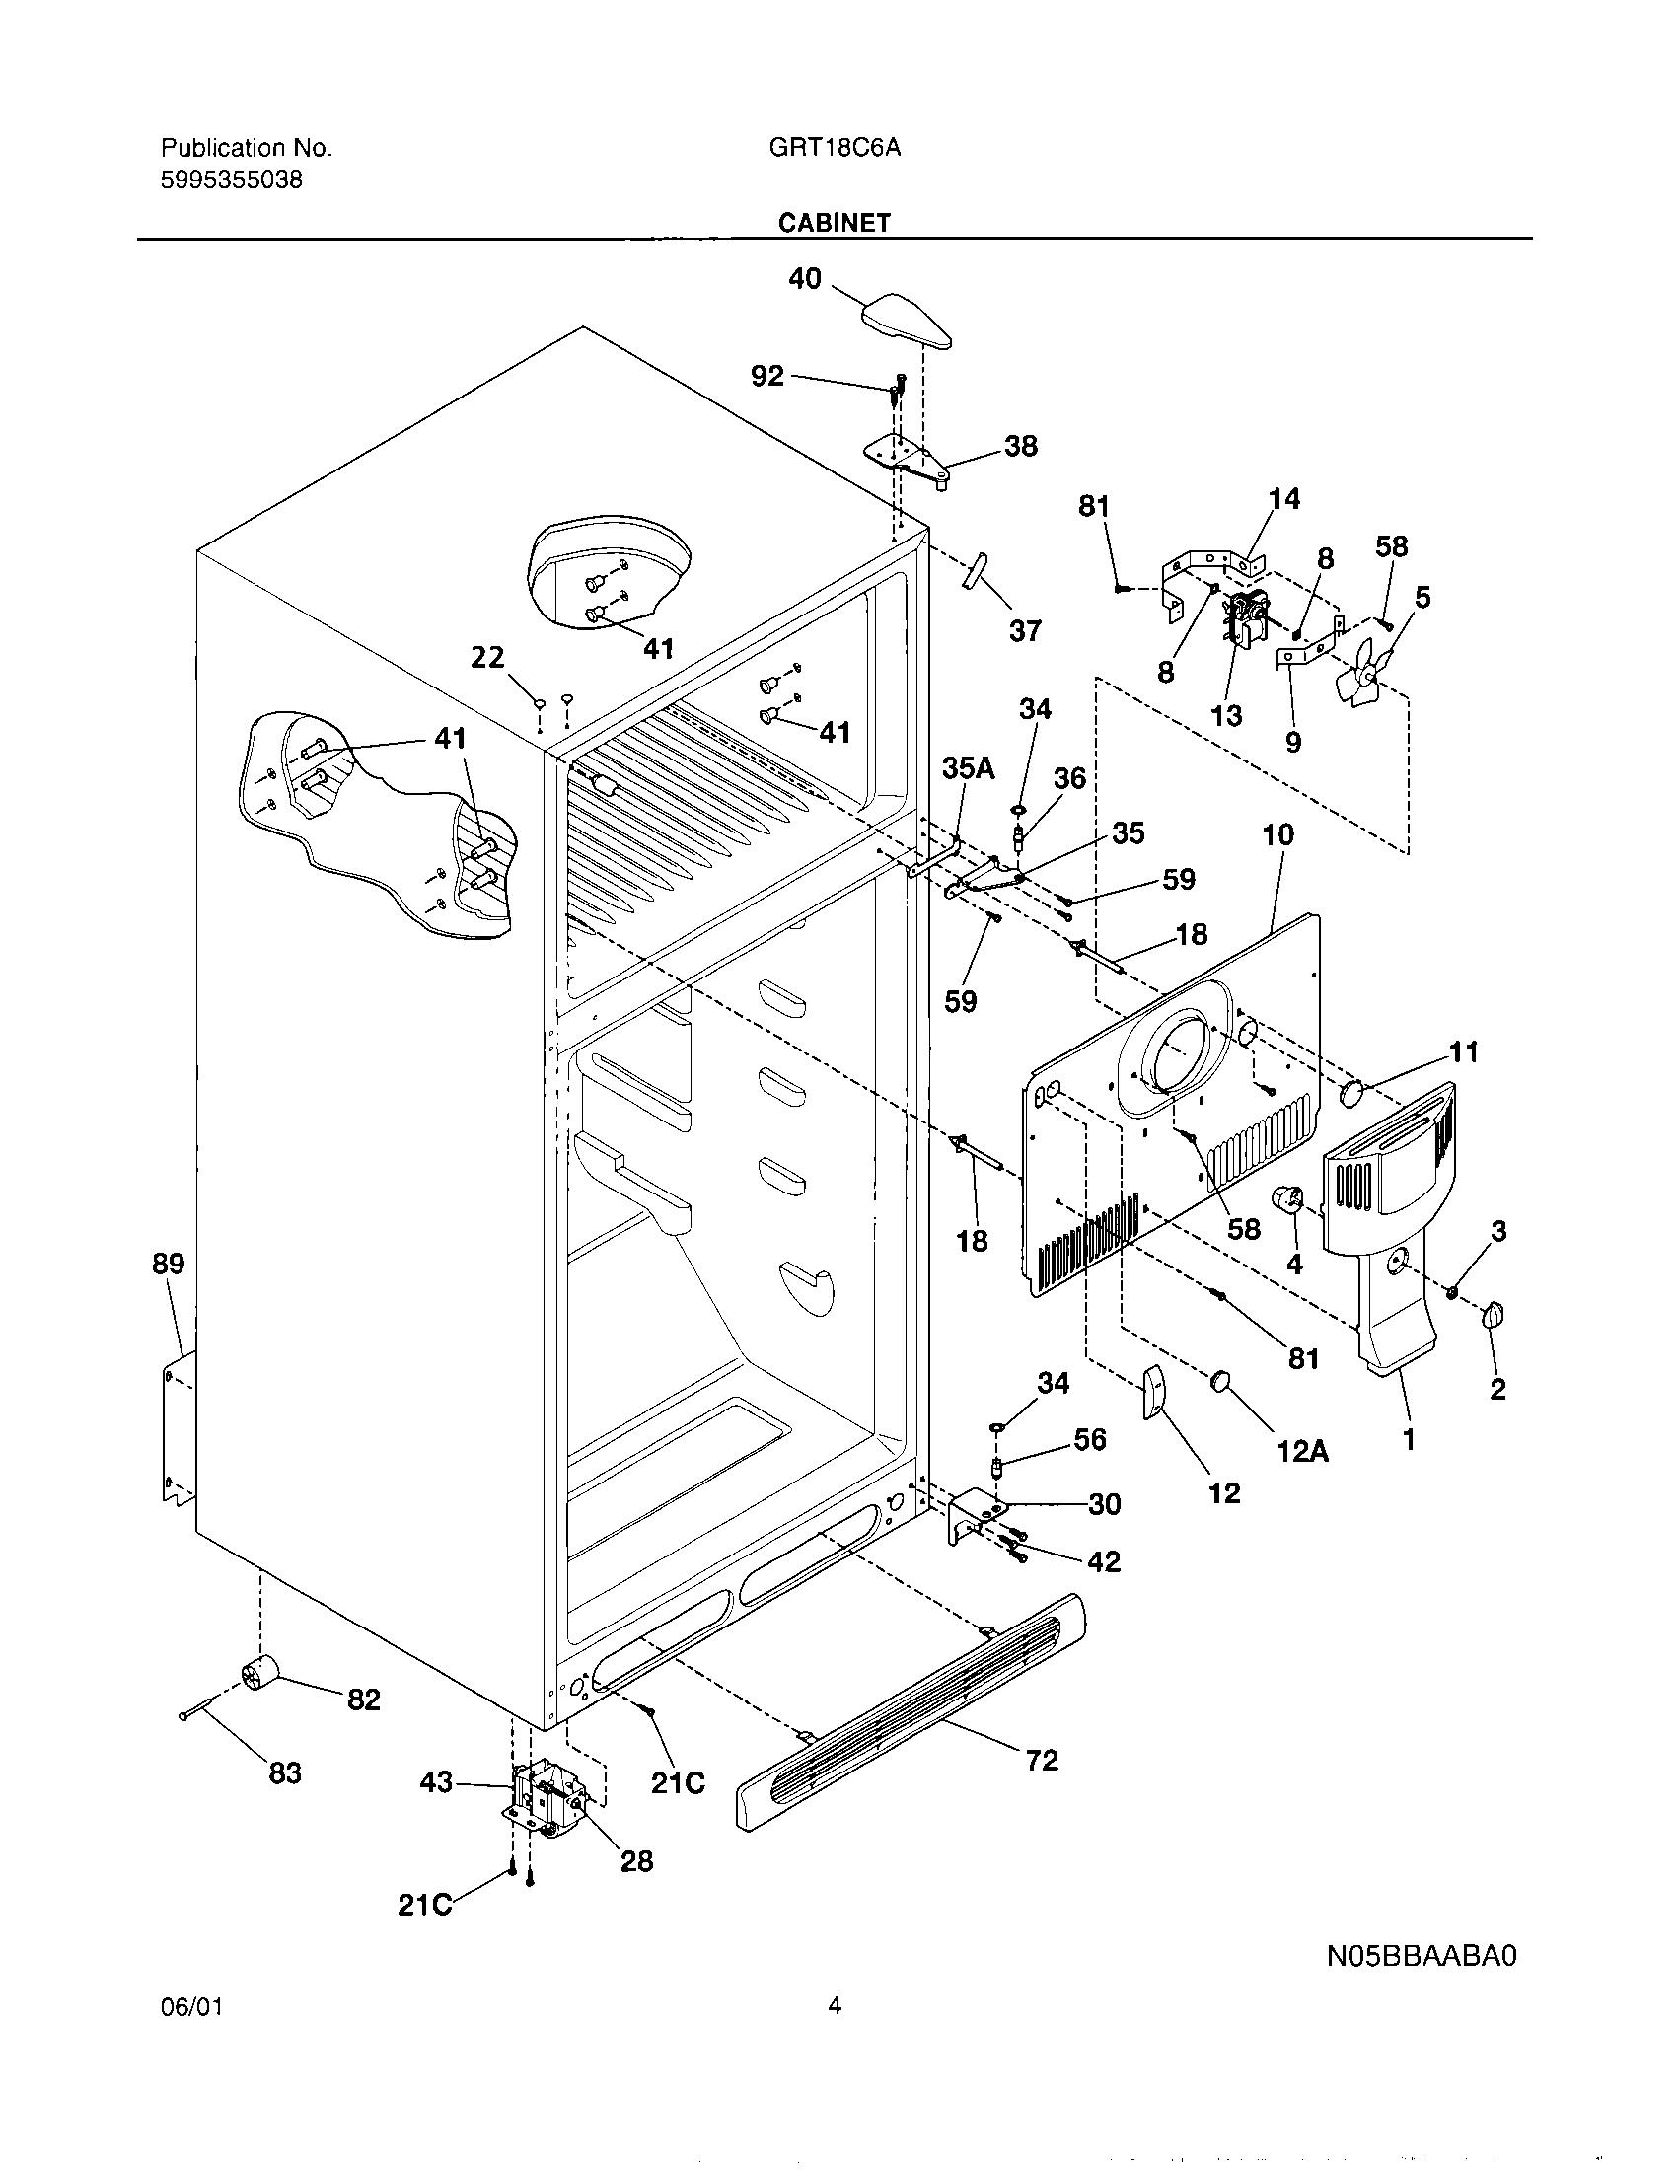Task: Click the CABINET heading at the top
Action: coord(834,223)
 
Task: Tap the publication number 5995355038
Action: coord(232,181)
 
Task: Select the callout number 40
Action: coord(805,279)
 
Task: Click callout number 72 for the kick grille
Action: coord(1040,1788)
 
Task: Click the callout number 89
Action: coord(168,1264)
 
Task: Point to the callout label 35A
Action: coord(968,768)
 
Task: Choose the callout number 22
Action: coord(486,658)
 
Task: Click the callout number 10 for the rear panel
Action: coord(1277,834)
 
